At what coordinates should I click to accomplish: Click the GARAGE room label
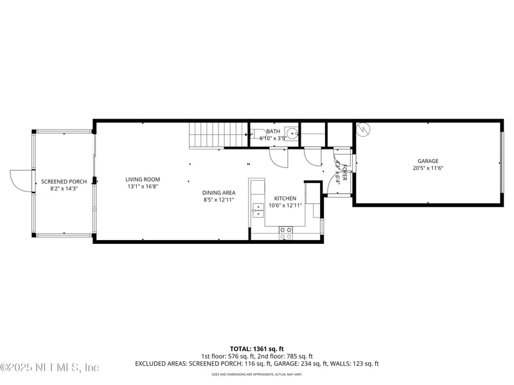428,161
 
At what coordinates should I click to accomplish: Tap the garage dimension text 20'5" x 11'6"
428,168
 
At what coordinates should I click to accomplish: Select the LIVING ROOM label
143,180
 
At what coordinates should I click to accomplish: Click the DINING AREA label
219,193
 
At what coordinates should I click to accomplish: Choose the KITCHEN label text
285,198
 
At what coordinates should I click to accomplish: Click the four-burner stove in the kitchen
286,233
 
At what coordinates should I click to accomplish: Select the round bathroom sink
292,134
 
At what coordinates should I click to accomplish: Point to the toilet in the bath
255,134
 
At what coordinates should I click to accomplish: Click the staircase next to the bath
218,134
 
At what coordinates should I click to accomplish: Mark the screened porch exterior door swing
21,181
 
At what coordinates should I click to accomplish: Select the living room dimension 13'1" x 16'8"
143,187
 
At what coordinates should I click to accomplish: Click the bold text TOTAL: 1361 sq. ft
256,348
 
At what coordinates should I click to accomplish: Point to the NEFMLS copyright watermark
49,368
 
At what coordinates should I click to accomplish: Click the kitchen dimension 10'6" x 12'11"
285,205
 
